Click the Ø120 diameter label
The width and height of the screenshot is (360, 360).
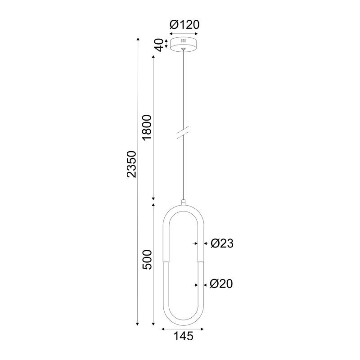point(184,25)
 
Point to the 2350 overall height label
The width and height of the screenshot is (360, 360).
point(131,164)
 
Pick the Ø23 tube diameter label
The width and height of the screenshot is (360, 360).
point(222,243)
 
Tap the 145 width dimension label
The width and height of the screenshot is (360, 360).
point(183,336)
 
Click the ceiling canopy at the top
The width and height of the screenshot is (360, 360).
point(183,44)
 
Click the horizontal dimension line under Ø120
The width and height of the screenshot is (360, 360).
point(183,33)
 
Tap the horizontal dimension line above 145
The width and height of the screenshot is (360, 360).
point(183,329)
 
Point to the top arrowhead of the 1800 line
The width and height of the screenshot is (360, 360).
point(154,59)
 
